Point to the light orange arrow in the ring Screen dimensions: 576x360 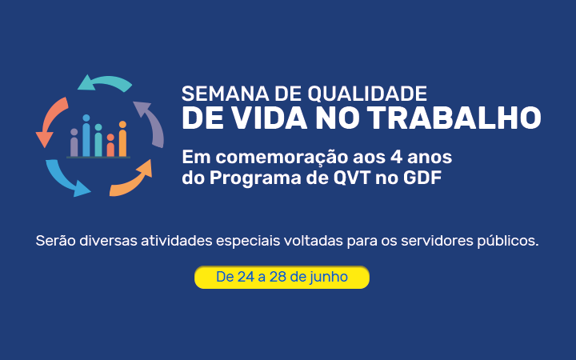pyautogui.click(x=134, y=180)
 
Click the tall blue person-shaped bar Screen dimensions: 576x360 pyautogui.click(x=86, y=135)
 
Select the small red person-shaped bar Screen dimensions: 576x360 pyautogui.click(x=110, y=146)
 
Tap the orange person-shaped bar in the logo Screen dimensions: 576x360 pyautogui.click(x=122, y=139)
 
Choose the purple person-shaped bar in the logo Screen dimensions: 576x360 pyautogui.click(x=74, y=142)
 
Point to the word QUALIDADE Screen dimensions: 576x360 pyautogui.click(x=367, y=94)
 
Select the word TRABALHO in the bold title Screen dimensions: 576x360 pyautogui.click(x=454, y=118)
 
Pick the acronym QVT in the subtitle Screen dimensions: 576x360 pyautogui.click(x=352, y=178)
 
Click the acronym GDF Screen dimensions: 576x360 pyautogui.click(x=422, y=178)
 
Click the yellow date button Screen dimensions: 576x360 pyautogui.click(x=282, y=277)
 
